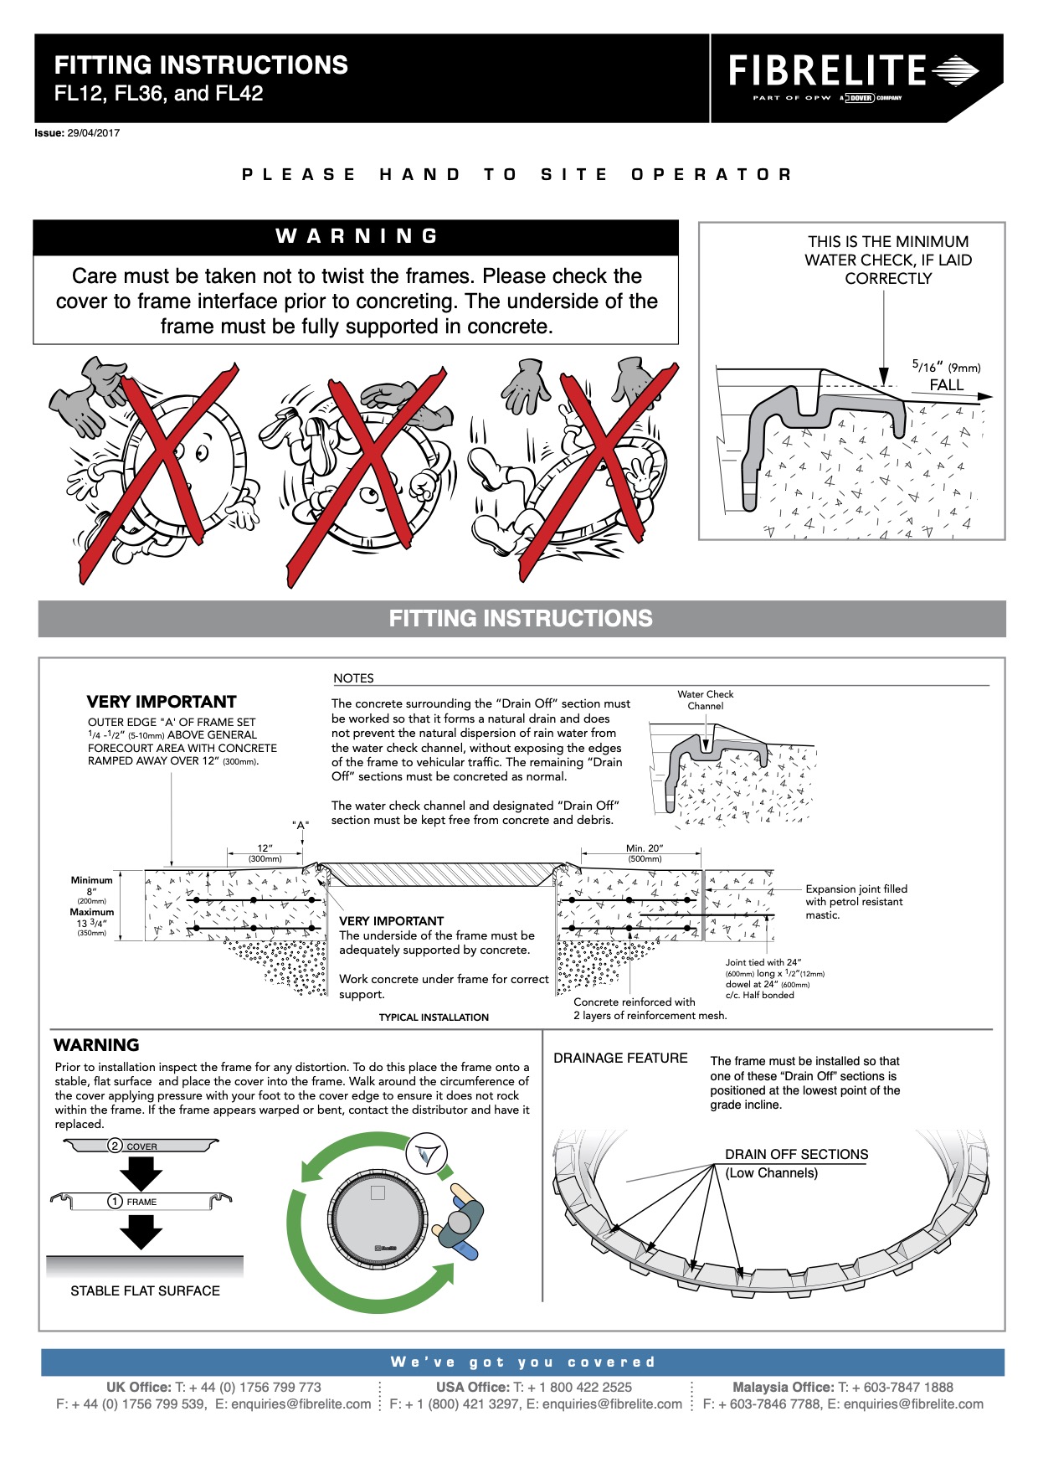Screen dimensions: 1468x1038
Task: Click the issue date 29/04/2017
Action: (x=93, y=133)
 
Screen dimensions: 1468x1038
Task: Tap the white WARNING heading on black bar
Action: (x=357, y=236)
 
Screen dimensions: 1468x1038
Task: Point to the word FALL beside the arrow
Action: (x=946, y=385)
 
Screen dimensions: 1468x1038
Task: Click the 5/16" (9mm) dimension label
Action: (x=945, y=367)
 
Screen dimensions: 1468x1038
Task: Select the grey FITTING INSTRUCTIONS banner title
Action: (x=521, y=619)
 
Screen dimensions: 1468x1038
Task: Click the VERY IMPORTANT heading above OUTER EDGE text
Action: (x=162, y=702)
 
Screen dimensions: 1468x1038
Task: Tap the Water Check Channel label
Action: (x=705, y=700)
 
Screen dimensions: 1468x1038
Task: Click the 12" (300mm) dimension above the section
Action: (x=265, y=852)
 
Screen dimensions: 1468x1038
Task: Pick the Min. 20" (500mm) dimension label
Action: (x=645, y=852)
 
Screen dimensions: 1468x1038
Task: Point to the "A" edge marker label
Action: (x=301, y=825)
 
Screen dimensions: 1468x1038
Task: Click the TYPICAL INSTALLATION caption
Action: (x=434, y=1017)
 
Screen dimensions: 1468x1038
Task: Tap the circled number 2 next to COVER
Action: (x=116, y=1146)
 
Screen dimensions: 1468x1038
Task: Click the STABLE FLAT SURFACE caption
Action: (x=145, y=1291)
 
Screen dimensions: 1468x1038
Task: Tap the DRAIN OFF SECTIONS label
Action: (x=796, y=1154)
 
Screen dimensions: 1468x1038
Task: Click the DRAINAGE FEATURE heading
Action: (x=620, y=1059)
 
